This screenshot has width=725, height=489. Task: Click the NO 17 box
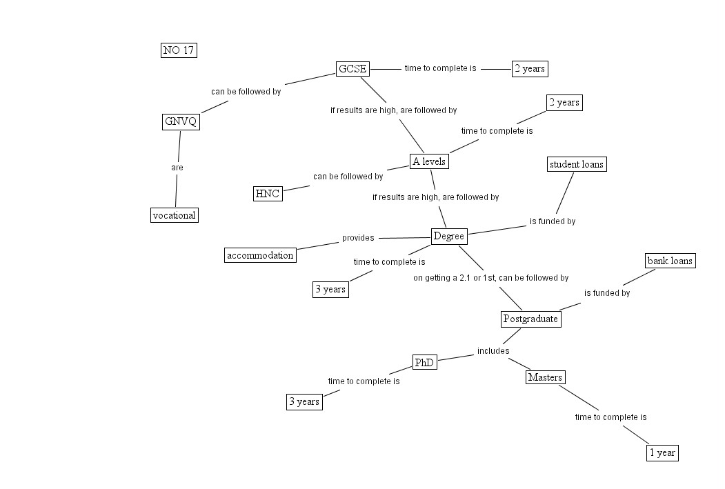click(179, 50)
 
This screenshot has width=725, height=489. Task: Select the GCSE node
click(352, 68)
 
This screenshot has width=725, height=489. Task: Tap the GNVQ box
click(181, 122)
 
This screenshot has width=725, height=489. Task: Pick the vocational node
click(174, 215)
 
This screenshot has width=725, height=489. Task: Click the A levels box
click(429, 161)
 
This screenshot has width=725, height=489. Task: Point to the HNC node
click(268, 193)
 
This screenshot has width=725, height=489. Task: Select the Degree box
click(449, 237)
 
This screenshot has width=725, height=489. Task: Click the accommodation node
click(261, 255)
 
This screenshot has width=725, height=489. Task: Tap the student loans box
click(577, 164)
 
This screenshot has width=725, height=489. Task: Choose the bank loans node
click(670, 261)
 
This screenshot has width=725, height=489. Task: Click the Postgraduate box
click(530, 319)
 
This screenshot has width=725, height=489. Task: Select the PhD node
click(424, 362)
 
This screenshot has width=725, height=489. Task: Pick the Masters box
click(545, 377)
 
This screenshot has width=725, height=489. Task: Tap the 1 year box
click(662, 452)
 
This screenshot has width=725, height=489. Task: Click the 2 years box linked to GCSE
click(530, 68)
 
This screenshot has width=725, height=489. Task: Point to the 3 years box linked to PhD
click(304, 401)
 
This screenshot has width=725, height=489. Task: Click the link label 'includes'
click(493, 351)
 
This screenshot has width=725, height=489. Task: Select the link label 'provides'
click(358, 238)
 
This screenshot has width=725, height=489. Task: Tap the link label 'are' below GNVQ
click(177, 168)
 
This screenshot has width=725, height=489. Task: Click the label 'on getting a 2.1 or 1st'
click(490, 278)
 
